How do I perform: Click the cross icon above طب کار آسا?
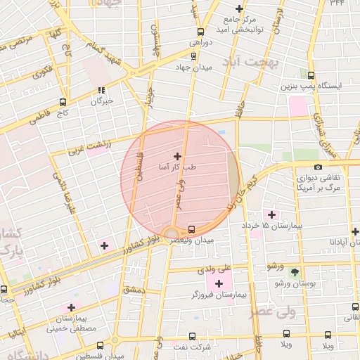click(x=176, y=156)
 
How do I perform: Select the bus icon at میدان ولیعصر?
click(x=191, y=229)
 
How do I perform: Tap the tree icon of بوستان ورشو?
click(x=294, y=271)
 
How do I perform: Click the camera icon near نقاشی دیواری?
click(x=319, y=167)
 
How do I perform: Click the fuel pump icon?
click(x=312, y=73)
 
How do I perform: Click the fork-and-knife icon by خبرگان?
click(x=102, y=90)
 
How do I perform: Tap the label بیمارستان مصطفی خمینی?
click(x=70, y=323)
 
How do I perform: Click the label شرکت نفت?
click(x=203, y=347)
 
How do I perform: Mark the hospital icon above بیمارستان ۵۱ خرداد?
click(x=271, y=214)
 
